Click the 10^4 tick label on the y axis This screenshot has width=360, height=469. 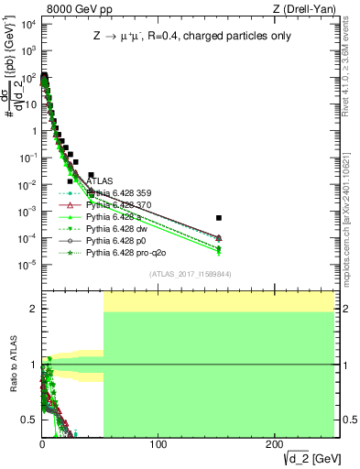(27, 25)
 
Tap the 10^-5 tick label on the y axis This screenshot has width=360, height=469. (27, 265)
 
